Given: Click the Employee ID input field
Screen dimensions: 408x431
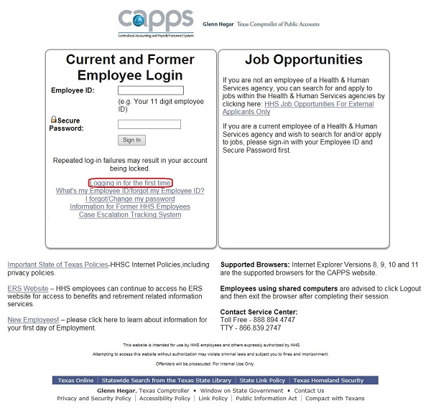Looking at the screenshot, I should (151, 90).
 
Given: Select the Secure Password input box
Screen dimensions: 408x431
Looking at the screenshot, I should (149, 124).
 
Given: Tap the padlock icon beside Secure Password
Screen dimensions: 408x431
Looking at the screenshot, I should (54, 119).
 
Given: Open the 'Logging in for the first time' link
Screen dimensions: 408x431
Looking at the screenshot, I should (130, 183).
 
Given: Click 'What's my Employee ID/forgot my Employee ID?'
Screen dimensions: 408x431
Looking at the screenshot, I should (130, 191).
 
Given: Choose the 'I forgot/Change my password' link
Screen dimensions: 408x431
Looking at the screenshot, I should (130, 199).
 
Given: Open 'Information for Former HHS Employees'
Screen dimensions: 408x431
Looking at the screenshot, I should (130, 207).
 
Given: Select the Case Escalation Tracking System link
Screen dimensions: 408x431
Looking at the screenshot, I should (130, 214).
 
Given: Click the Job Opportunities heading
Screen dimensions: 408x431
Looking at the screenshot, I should (303, 60).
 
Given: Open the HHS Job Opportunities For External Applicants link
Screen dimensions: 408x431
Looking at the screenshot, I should (319, 104).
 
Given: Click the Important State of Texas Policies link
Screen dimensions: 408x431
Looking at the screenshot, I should (57, 265).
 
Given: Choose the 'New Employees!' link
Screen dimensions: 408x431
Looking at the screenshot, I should (33, 320).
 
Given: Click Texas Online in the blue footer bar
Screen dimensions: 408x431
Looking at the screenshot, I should (75, 380).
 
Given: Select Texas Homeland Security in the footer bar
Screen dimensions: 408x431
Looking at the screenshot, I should (328, 380).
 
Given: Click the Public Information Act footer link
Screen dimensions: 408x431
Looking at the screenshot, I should (267, 398).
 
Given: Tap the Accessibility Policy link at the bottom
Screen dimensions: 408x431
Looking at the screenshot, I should (165, 398).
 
